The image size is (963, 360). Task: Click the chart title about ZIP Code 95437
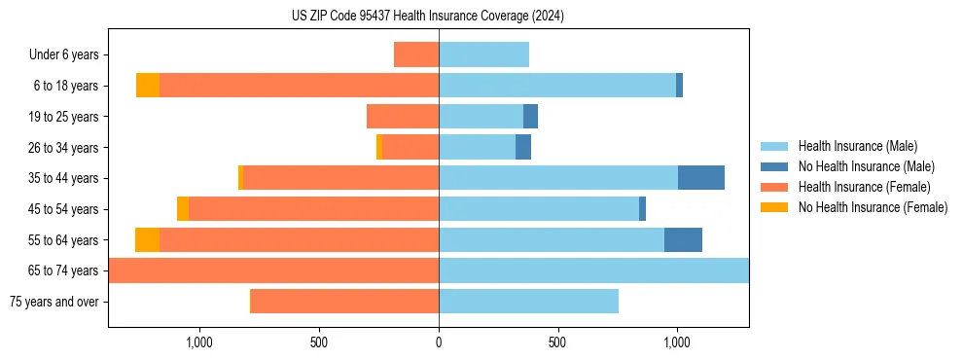click(428, 17)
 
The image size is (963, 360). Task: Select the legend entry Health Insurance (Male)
click(857, 146)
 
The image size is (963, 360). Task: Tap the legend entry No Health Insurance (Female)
click(873, 207)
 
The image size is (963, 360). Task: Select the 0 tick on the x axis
click(439, 342)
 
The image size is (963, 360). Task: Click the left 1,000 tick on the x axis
click(198, 342)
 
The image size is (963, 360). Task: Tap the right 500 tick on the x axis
click(557, 342)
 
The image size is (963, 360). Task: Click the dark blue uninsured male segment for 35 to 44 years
click(700, 178)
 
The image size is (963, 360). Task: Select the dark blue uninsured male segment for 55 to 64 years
click(683, 239)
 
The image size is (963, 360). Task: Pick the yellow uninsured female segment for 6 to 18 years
click(148, 86)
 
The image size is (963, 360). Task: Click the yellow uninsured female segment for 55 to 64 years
click(147, 239)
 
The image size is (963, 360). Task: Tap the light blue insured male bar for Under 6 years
click(483, 55)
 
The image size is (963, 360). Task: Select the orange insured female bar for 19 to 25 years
click(403, 117)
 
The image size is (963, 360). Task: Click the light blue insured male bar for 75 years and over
click(528, 302)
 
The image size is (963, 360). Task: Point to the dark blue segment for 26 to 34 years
click(523, 148)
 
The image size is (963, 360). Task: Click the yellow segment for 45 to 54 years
click(183, 209)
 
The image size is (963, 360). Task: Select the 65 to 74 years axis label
click(64, 270)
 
